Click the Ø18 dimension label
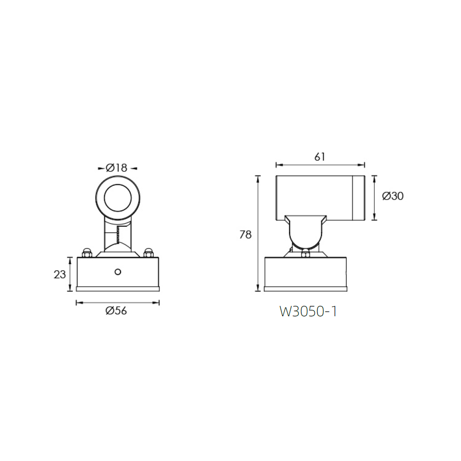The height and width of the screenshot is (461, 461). coord(117,168)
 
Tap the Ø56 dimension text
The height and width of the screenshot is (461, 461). coord(116,311)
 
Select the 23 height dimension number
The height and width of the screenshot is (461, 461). coord(60,275)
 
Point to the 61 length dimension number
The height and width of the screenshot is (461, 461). coord(320,157)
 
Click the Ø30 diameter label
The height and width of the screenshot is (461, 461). coord(393,196)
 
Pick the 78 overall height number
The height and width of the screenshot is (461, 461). coord(245,235)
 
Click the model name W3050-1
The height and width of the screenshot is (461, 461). coord(308,312)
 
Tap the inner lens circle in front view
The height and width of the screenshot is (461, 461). coord(118,199)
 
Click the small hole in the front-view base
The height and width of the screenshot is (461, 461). coord(118,272)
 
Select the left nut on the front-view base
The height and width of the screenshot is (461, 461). coord(86,253)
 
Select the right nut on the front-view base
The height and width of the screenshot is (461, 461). coord(148,253)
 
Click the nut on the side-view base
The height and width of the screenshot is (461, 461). coord(305,253)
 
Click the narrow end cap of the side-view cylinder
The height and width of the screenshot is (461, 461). coord(359,198)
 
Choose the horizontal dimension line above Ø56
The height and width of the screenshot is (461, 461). coord(117,302)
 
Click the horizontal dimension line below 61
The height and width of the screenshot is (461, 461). coord(320,164)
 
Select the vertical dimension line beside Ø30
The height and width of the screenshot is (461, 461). coord(374,198)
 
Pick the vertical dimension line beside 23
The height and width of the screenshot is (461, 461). coord(70,274)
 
